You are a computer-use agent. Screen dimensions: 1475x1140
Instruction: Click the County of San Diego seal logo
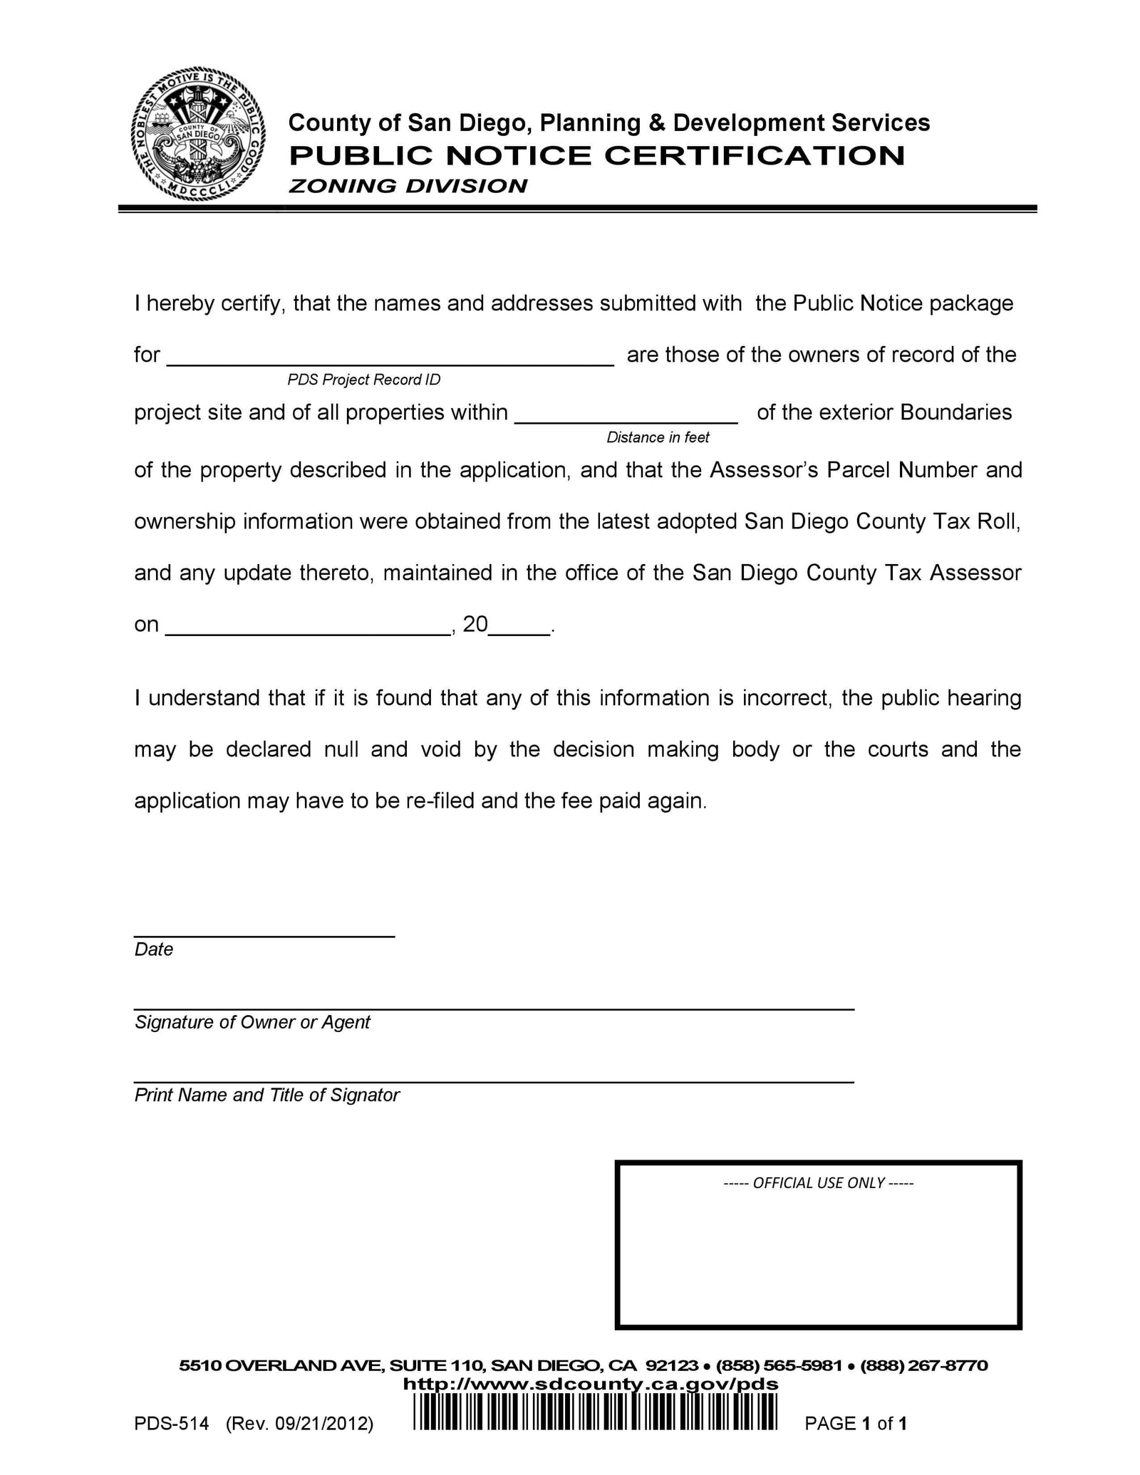point(198,135)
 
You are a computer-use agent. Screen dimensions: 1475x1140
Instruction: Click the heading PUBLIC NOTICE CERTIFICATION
point(596,155)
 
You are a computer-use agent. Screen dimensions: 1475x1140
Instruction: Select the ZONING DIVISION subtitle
point(408,186)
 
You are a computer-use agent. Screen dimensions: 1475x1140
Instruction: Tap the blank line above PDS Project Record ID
point(390,361)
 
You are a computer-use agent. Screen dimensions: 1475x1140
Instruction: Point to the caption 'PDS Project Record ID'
point(364,380)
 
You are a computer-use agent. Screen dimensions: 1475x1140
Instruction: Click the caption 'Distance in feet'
point(658,437)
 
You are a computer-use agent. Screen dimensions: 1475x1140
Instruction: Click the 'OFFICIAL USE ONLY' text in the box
point(818,1183)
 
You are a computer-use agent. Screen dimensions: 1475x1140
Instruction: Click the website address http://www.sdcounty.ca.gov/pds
point(591,1384)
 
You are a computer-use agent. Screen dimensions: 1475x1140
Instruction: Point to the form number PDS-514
point(171,1424)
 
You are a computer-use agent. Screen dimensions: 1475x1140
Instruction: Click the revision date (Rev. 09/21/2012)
point(299,1424)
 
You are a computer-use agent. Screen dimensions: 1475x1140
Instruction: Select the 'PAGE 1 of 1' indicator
point(855,1424)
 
